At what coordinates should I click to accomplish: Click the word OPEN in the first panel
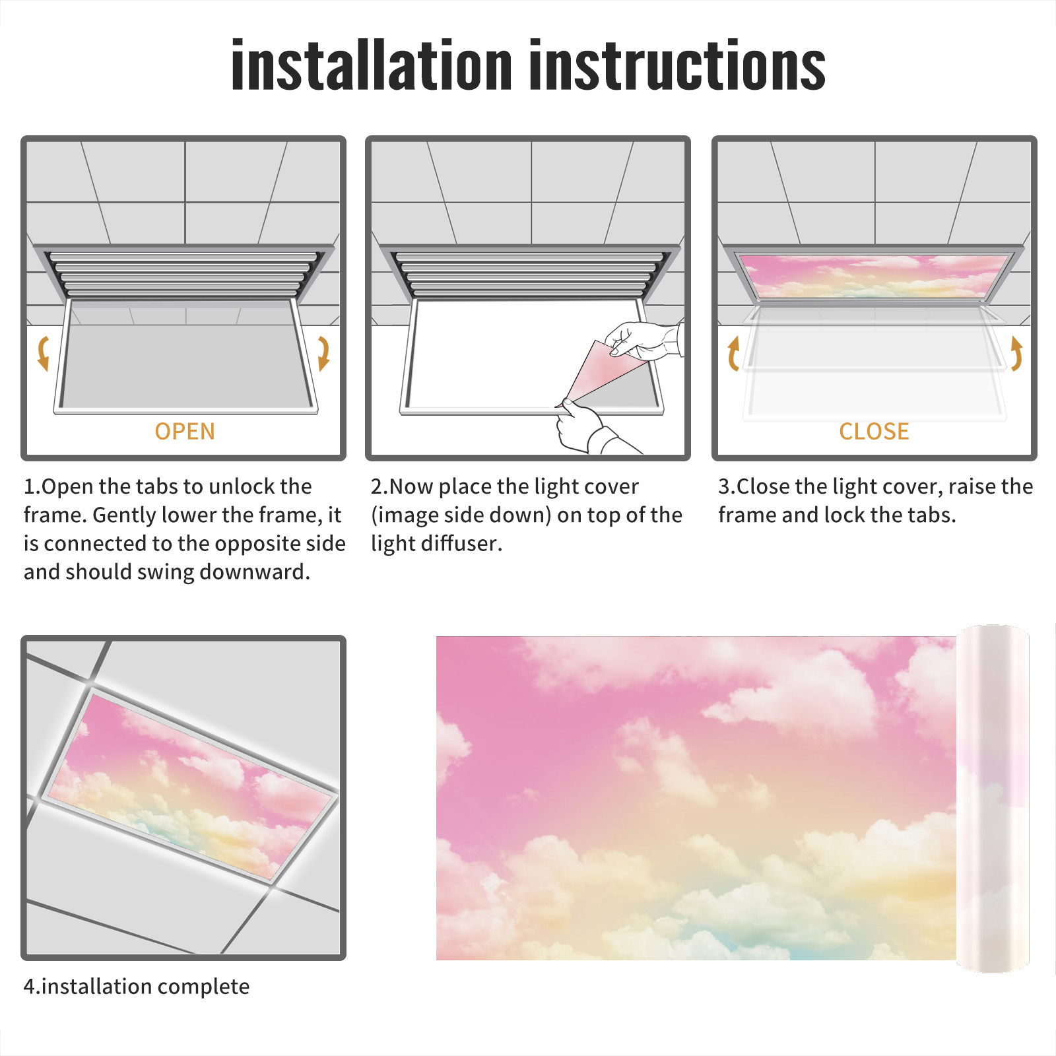pos(185,431)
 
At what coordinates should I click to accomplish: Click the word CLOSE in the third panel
pos(874,431)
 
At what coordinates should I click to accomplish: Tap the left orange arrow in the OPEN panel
pos(44,353)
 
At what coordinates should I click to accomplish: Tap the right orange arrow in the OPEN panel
pos(323,353)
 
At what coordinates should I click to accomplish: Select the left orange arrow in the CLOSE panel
pos(733,353)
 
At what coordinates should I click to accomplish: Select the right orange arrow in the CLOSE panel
pos(1016,353)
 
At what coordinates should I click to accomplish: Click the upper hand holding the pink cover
pos(644,339)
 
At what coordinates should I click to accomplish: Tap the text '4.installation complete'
pos(137,986)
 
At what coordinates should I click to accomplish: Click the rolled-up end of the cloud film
pos(993,799)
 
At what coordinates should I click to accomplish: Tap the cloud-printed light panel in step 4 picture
pos(191,785)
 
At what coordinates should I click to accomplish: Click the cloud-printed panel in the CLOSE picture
pos(874,276)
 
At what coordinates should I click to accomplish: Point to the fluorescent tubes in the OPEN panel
pos(184,274)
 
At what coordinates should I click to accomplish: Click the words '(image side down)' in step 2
pos(461,515)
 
